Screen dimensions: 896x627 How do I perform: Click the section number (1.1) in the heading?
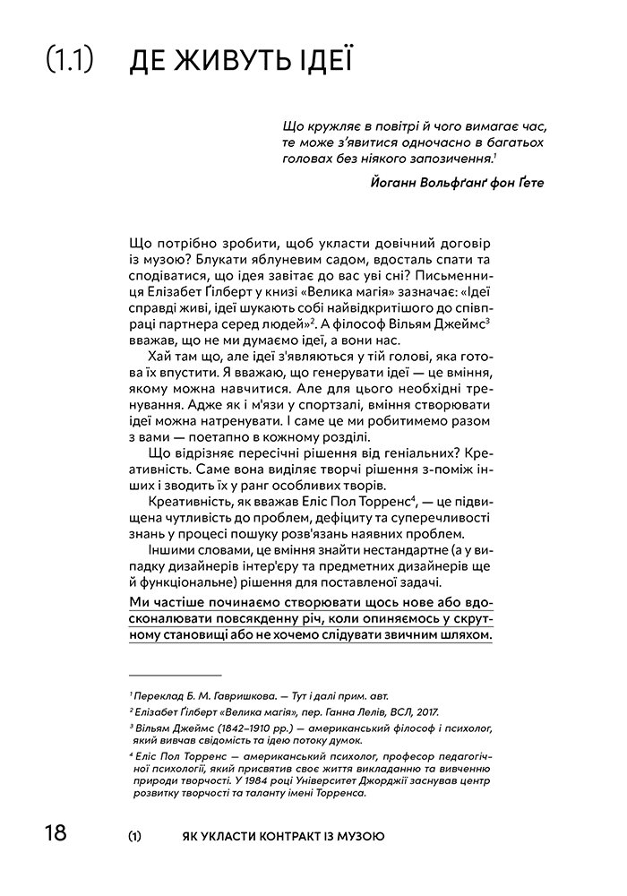pos(71,60)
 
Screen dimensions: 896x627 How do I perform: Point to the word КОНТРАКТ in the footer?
pos(265,836)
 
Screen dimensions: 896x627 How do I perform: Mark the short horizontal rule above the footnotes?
pos(175,673)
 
